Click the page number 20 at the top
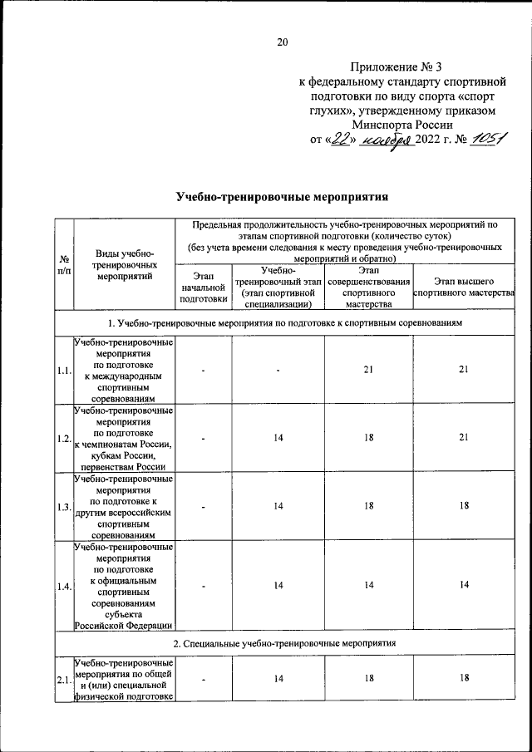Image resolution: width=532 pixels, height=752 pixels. click(x=282, y=42)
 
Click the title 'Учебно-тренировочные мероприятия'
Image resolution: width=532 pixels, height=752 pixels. click(x=283, y=196)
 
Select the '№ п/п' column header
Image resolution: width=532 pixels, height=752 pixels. click(x=63, y=265)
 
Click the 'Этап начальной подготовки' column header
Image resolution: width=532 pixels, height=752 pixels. click(x=203, y=285)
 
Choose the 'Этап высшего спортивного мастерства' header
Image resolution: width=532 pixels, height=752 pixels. click(x=465, y=285)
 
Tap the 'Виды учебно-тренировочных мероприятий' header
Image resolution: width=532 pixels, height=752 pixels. click(x=124, y=265)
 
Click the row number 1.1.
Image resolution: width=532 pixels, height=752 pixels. click(x=63, y=370)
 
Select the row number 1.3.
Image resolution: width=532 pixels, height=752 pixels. click(x=63, y=507)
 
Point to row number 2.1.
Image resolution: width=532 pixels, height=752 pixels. click(x=63, y=680)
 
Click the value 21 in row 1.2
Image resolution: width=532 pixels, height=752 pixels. click(x=465, y=438)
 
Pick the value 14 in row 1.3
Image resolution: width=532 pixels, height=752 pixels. click(x=278, y=507)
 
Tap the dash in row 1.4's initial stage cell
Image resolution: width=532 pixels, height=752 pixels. click(x=203, y=587)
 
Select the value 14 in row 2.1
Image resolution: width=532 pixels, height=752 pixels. click(x=278, y=680)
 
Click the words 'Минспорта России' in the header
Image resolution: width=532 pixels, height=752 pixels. click(x=401, y=124)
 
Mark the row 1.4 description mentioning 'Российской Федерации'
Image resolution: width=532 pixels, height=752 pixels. click(x=124, y=626)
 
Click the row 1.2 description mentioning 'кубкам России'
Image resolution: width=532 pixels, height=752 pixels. click(x=124, y=455)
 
